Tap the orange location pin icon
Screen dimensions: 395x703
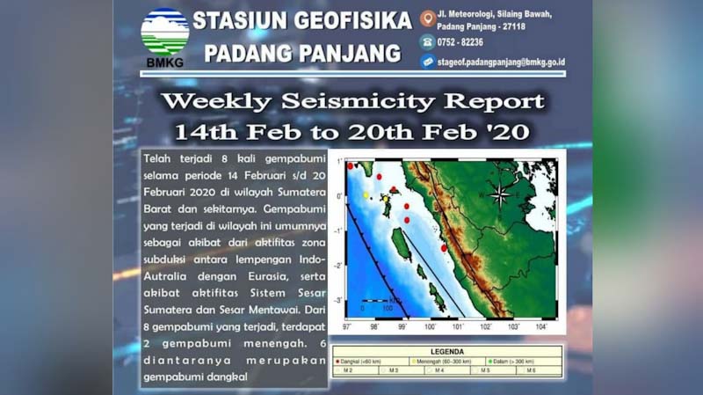[x=427, y=18]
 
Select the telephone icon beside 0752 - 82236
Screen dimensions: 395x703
[x=427, y=40]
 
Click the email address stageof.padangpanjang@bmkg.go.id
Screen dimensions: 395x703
[x=502, y=62]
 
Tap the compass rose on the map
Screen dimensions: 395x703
[x=500, y=195]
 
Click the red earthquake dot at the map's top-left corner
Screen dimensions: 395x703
[x=350, y=165]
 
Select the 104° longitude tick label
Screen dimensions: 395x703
[x=540, y=327]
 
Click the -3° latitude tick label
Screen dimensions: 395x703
[x=340, y=300]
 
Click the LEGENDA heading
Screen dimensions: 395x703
[x=448, y=350]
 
